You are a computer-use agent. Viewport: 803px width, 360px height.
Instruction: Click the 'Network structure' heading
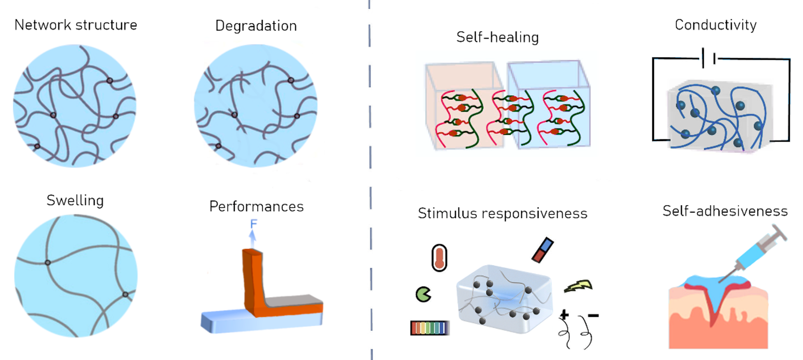click(76, 25)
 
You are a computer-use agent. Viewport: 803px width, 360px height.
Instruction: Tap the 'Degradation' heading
click(256, 26)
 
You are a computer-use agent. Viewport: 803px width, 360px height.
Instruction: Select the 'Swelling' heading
click(75, 201)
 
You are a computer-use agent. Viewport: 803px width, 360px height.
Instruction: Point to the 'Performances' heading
click(256, 206)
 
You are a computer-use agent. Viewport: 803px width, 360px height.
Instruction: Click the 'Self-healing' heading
click(497, 37)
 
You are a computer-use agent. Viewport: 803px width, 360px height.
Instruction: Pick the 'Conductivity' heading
click(715, 25)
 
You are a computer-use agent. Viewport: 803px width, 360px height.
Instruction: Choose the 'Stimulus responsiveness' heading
click(502, 213)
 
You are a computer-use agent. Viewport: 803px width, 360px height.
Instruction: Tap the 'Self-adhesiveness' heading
click(725, 211)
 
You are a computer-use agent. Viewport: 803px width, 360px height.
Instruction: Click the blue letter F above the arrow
click(253, 224)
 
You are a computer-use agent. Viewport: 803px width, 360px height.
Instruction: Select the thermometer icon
click(439, 258)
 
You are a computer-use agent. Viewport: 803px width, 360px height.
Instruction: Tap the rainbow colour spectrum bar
click(429, 328)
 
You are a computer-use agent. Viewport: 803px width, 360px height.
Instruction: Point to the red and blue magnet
click(543, 250)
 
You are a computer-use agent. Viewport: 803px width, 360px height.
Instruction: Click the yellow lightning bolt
click(578, 286)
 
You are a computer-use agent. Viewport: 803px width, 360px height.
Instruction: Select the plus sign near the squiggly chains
click(564, 315)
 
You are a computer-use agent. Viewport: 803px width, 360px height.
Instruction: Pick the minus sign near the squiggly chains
click(593, 316)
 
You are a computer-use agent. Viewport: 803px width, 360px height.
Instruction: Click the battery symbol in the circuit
click(708, 58)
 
